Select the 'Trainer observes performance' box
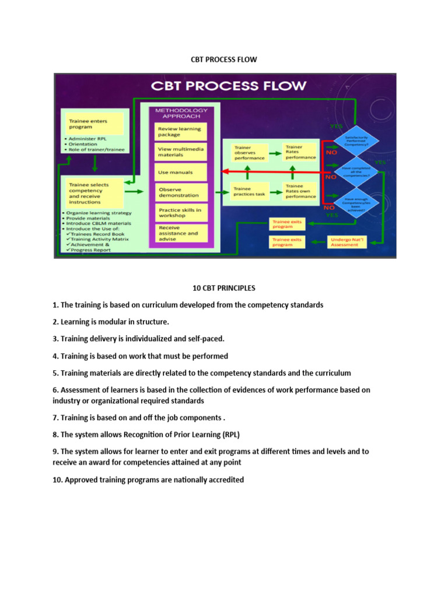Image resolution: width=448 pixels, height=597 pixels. tap(249, 153)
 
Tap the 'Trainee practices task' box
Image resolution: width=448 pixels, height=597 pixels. tap(249, 191)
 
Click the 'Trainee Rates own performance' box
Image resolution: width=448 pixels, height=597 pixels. tap(300, 191)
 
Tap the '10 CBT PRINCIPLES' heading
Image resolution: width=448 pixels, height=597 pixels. tap(224, 288)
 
